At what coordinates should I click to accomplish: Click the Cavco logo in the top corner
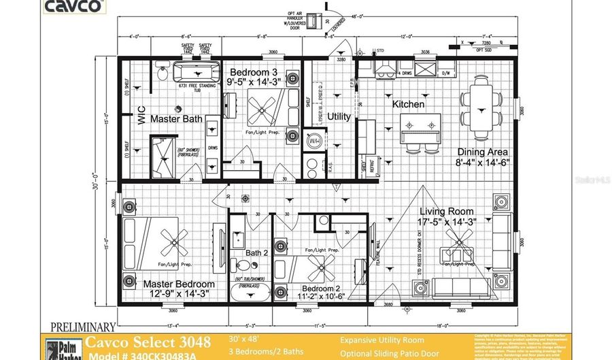[x=75, y=7]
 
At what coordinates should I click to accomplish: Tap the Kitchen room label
[x=408, y=105]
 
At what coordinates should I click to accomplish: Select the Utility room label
[x=339, y=116]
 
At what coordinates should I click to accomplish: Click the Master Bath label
[x=176, y=119]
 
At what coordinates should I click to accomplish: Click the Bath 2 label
[x=256, y=253]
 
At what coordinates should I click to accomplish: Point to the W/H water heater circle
[x=314, y=142]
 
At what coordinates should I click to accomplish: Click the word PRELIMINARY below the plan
[x=81, y=327]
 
